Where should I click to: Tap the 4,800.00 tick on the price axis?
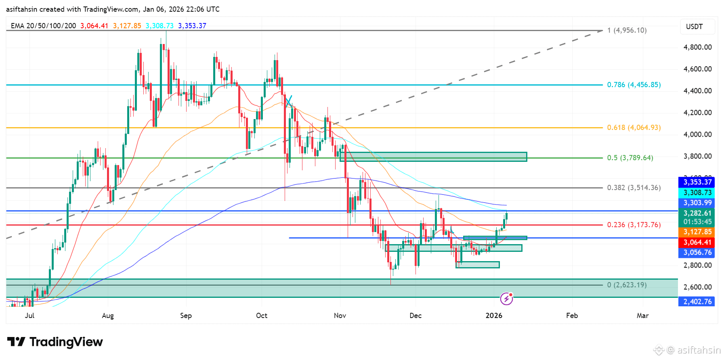point(697,47)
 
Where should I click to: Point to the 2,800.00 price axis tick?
point(697,265)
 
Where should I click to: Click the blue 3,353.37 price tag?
point(697,182)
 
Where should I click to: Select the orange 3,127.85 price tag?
point(697,232)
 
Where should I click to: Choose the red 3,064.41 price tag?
point(697,242)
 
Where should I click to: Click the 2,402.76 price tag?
point(697,301)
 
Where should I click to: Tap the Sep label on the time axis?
point(186,316)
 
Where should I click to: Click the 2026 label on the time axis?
point(494,316)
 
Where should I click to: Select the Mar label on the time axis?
point(642,316)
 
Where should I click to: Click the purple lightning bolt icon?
point(506,299)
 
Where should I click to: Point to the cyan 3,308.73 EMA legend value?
point(159,26)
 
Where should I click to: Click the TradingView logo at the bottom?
point(55,342)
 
